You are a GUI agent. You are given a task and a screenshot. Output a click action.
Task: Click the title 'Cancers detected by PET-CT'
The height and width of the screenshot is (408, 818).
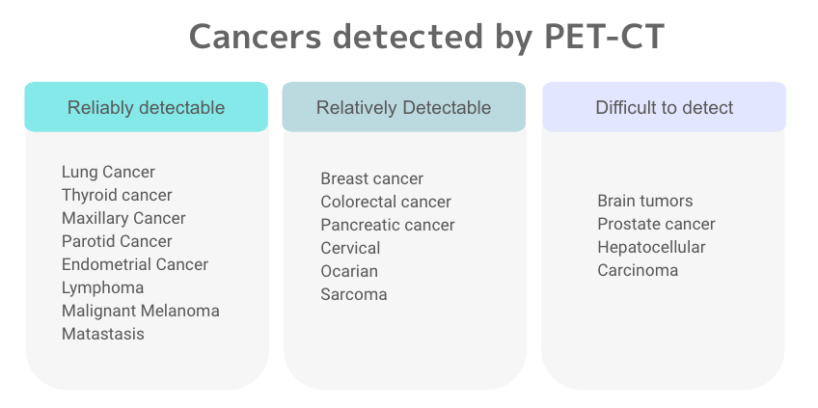[x=426, y=37]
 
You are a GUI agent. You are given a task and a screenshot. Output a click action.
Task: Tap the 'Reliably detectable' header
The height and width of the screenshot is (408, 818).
[x=146, y=107]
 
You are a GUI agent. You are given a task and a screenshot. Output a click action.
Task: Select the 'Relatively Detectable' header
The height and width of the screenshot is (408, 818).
[x=403, y=107]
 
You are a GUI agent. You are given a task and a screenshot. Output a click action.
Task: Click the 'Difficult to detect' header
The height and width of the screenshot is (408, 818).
[x=664, y=107]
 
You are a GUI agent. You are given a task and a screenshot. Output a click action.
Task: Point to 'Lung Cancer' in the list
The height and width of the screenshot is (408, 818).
[x=108, y=172]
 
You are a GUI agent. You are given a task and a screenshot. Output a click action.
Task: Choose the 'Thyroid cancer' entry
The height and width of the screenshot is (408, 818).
[x=117, y=195]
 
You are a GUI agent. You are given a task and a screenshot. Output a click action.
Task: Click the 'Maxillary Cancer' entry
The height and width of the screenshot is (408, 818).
[x=123, y=218]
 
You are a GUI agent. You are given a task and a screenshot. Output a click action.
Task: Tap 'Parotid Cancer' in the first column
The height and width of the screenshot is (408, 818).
[x=117, y=241]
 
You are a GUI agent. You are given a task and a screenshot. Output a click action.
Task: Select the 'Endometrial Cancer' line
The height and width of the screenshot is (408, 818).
[x=135, y=264]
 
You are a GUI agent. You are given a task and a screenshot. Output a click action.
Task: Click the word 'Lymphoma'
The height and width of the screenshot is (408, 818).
[x=103, y=287]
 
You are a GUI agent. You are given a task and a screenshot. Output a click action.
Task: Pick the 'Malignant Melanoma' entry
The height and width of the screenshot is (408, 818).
[x=140, y=311]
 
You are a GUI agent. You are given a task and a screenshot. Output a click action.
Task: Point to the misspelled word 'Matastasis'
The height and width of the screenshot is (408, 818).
[x=103, y=334]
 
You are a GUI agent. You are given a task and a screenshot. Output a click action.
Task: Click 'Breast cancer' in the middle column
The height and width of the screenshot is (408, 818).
[x=372, y=178]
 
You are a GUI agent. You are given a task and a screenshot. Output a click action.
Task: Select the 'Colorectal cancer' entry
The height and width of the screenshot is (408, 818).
[x=386, y=202]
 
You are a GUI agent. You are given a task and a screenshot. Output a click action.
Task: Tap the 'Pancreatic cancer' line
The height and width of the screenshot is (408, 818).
[x=388, y=225]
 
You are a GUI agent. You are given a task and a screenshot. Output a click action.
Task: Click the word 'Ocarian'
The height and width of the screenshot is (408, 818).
[x=349, y=271]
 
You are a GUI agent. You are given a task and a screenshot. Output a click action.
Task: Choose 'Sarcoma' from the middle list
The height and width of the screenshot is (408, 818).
[x=354, y=294]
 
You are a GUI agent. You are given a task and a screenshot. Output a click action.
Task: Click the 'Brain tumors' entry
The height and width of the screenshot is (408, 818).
[x=644, y=201]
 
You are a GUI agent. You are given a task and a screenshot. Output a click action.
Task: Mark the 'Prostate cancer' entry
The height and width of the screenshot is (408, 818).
[x=656, y=224]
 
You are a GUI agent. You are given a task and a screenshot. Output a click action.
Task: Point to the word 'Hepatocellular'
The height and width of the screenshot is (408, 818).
[x=651, y=247]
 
